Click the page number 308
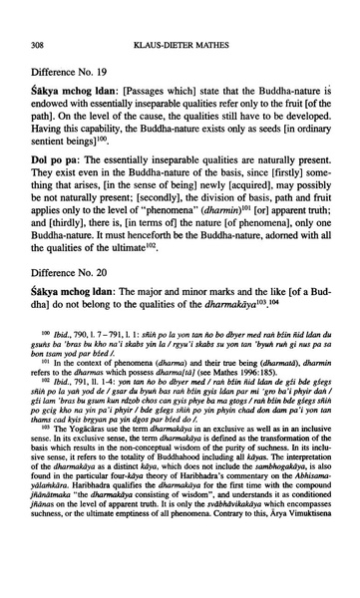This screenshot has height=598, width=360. click(40, 17)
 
